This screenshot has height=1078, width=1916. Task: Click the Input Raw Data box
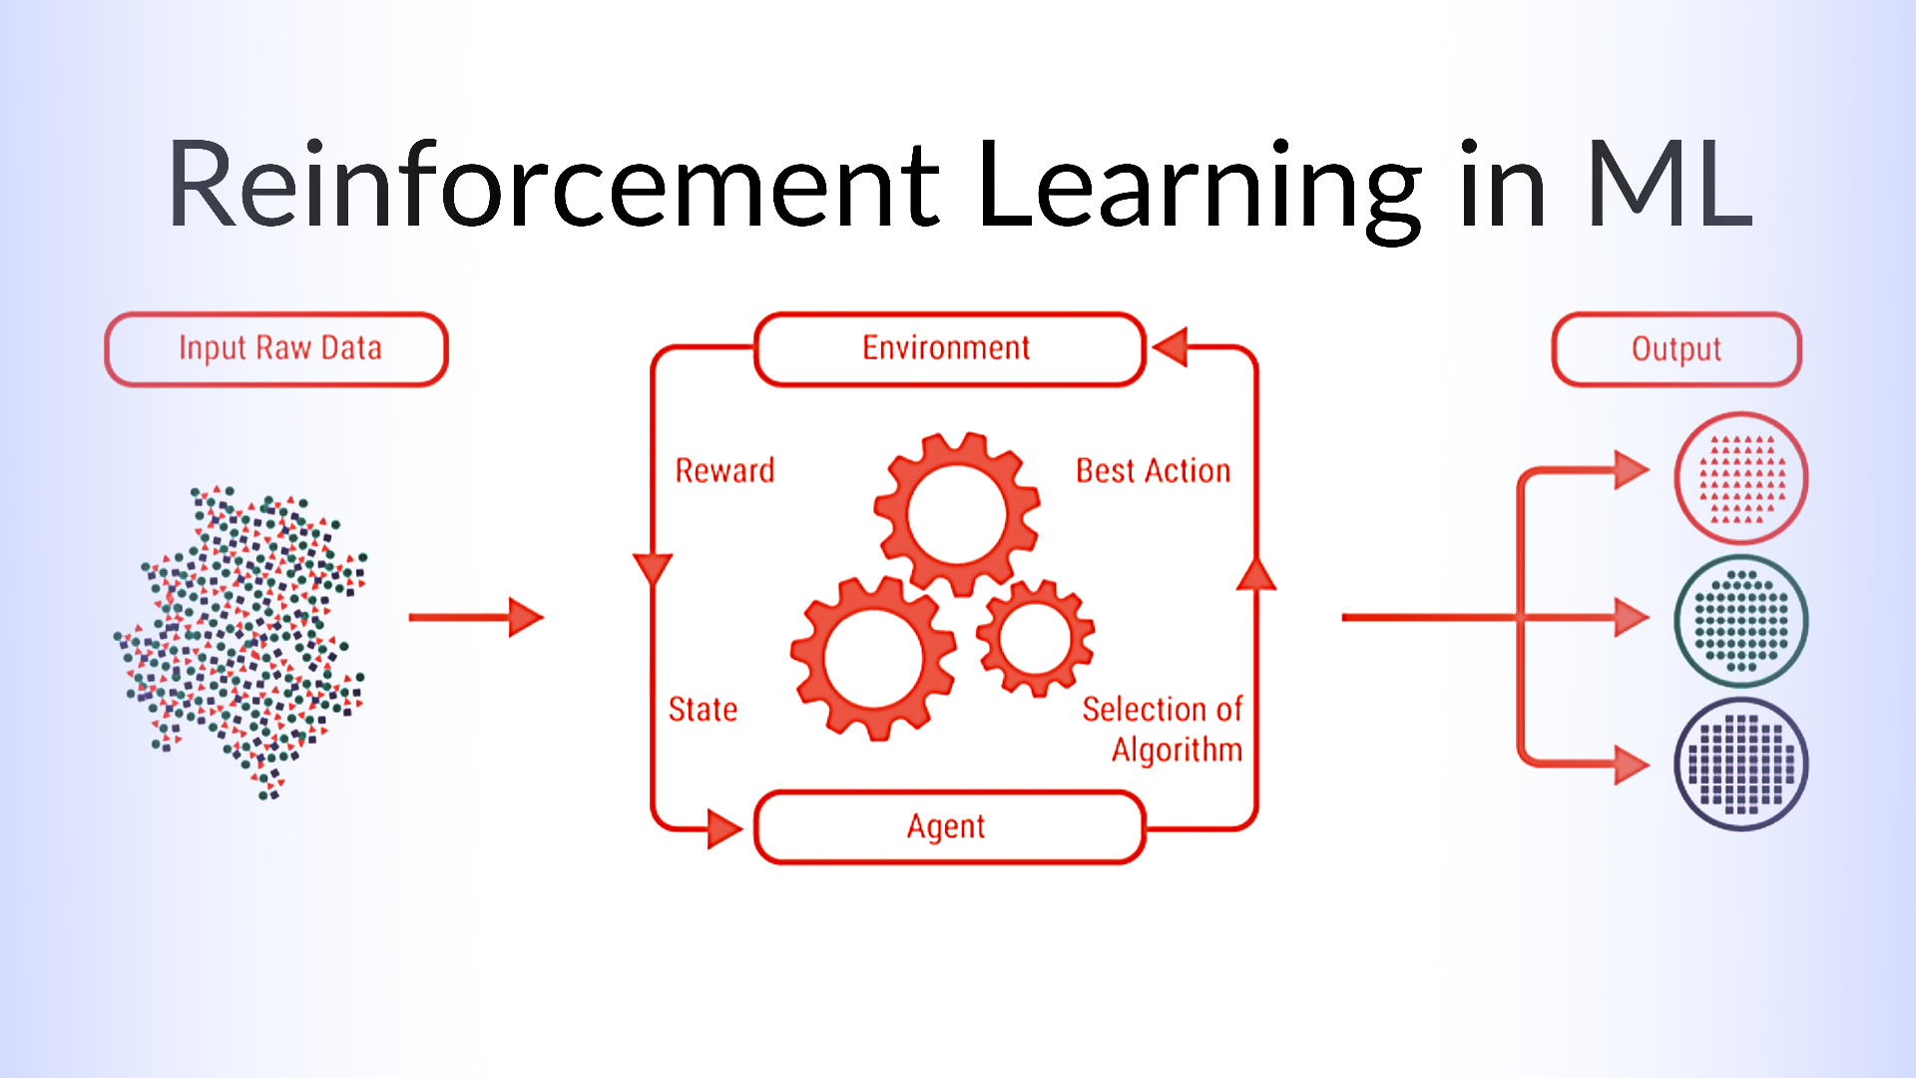tap(276, 349)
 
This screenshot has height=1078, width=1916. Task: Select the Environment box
tap(949, 349)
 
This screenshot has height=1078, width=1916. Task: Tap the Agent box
tap(949, 827)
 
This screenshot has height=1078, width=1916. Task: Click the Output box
tap(1676, 349)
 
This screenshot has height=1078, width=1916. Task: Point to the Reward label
tap(724, 470)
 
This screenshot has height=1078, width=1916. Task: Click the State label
tap(703, 709)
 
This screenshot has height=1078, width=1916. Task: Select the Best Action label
tap(1153, 470)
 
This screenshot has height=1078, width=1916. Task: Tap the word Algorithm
tap(1177, 751)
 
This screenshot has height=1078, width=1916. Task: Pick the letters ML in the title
tap(1669, 183)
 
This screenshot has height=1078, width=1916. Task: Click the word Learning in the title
tap(1198, 190)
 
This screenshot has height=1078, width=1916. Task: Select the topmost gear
tap(957, 514)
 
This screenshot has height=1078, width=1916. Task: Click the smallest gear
tap(1035, 638)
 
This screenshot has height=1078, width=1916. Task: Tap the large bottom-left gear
tap(873, 658)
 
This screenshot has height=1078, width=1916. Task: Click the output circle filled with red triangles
tap(1741, 478)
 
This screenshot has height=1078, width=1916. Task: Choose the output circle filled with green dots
tap(1741, 621)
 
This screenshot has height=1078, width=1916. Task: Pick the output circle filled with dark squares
tap(1741, 765)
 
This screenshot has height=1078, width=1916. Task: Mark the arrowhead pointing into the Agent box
tap(724, 828)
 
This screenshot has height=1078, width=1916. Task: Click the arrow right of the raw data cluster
tap(476, 617)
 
